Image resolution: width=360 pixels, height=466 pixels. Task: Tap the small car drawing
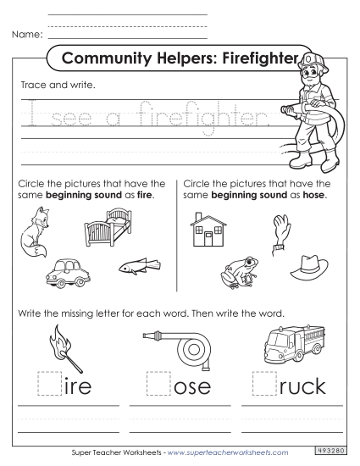pyautogui.click(x=68, y=273)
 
